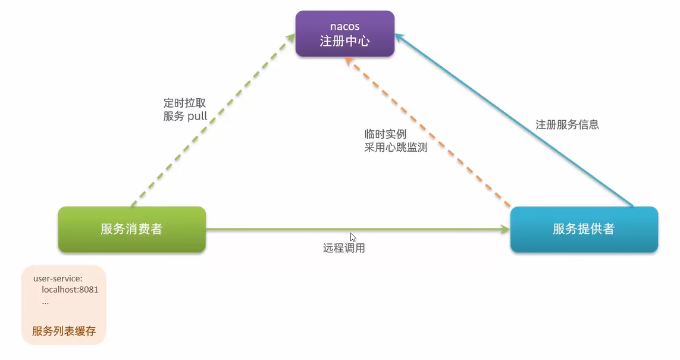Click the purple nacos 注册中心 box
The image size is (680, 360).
(345, 34)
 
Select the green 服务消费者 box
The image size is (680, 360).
(131, 229)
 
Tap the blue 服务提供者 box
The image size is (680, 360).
(584, 229)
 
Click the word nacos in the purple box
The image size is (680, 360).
(345, 27)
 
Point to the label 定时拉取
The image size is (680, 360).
(184, 103)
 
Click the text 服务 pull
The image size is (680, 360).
(185, 117)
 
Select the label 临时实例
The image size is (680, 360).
(385, 134)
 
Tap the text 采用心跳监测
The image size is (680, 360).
(396, 148)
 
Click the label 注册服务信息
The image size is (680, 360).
(567, 125)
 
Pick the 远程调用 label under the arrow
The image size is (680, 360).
(344, 248)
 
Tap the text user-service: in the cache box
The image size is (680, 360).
(58, 278)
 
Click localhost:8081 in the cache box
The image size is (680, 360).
(70, 290)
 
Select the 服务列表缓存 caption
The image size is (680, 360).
(64, 331)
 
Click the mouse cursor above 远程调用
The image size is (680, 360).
(353, 237)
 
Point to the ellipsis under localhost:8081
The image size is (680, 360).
(45, 302)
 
